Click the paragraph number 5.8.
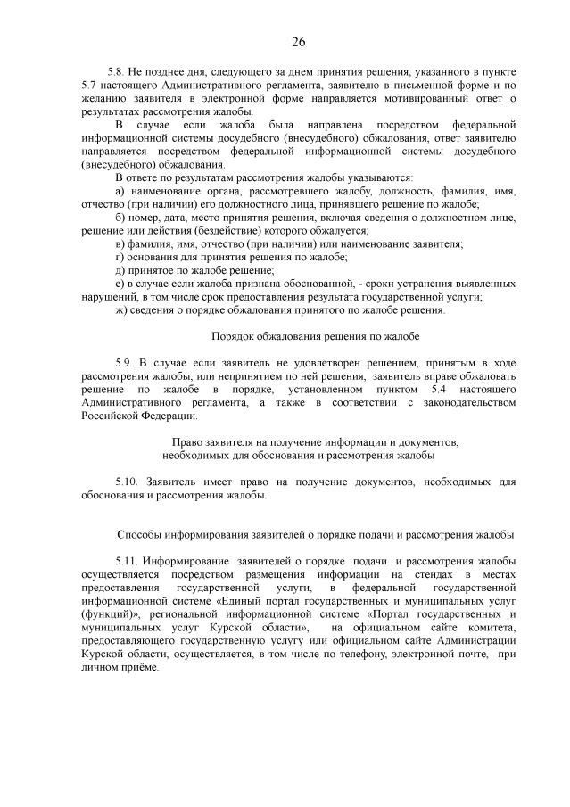coord(116,70)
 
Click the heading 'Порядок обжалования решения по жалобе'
coord(315,336)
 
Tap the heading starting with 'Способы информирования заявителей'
coord(315,534)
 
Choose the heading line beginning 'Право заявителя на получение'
coord(315,442)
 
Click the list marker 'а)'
coord(121,192)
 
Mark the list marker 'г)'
coord(120,257)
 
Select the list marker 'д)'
coord(121,270)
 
